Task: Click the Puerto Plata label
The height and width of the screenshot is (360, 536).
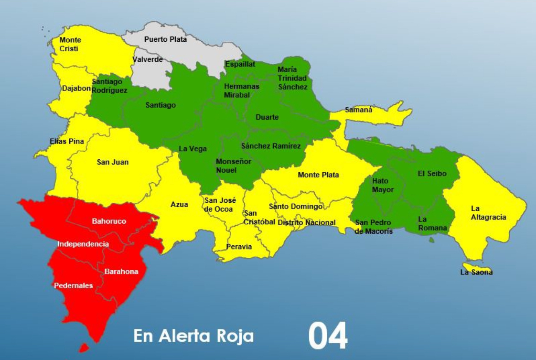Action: [x=165, y=39]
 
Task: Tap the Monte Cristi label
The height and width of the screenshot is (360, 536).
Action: [x=70, y=44]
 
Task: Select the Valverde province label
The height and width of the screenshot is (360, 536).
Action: [x=148, y=60]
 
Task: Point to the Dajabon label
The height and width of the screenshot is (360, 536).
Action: [x=76, y=88]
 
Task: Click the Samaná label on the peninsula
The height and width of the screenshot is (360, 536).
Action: [x=359, y=110]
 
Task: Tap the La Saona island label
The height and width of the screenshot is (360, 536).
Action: [x=476, y=272]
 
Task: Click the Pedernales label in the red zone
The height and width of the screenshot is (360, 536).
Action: [x=73, y=286]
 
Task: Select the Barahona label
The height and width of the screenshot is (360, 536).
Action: [x=121, y=272]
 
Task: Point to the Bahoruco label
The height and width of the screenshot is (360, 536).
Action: [x=109, y=221]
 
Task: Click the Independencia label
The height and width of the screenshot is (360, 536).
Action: [x=83, y=244]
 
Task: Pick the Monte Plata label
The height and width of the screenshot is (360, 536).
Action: [x=318, y=175]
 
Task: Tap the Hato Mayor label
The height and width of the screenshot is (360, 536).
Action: [x=380, y=185]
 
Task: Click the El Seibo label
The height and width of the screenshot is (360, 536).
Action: [x=432, y=174]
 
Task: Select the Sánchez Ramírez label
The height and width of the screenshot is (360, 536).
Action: [x=271, y=146]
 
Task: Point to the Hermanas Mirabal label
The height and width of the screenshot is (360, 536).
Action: [x=241, y=91]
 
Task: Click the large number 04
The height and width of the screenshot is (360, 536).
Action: [x=328, y=336]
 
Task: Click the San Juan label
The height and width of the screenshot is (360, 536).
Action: [x=113, y=162]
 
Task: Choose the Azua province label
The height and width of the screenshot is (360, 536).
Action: [x=179, y=204]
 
